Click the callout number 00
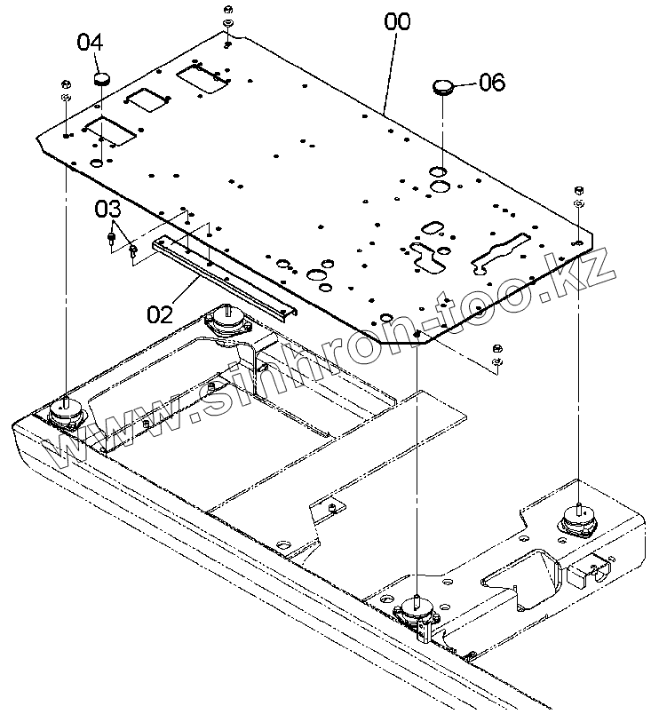[398, 21]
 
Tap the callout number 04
[91, 41]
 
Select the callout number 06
[491, 83]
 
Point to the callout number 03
[107, 210]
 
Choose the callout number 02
[160, 313]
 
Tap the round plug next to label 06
[443, 86]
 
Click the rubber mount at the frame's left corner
[65, 410]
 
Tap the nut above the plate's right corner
[578, 190]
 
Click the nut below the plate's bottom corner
[497, 347]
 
